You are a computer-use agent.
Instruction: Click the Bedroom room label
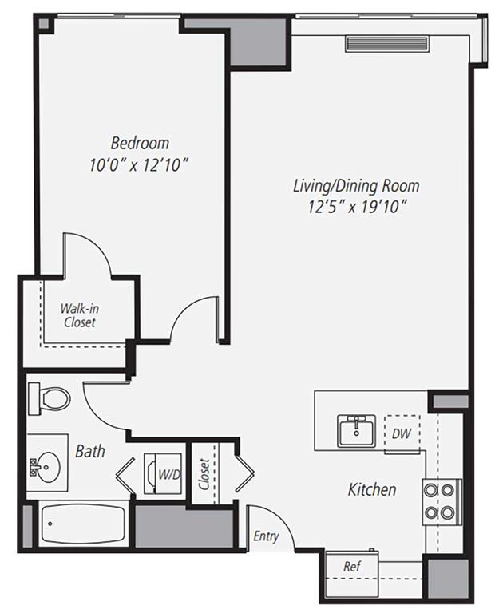pyautogui.click(x=140, y=144)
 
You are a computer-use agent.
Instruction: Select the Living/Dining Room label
pyautogui.click(x=355, y=186)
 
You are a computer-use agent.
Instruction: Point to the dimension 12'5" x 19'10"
pyautogui.click(x=355, y=208)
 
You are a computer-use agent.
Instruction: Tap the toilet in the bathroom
pyautogui.click(x=48, y=397)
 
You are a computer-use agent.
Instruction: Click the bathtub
pyautogui.click(x=82, y=526)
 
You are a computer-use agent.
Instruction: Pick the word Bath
pyautogui.click(x=90, y=452)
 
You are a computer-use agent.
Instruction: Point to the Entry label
pyautogui.click(x=266, y=536)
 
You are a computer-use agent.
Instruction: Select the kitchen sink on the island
pyautogui.click(x=357, y=430)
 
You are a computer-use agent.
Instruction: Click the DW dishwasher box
pyautogui.click(x=401, y=434)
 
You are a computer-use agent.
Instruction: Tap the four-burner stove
pyautogui.click(x=441, y=501)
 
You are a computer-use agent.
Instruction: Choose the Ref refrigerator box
pyautogui.click(x=350, y=566)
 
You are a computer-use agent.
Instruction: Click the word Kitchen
pyautogui.click(x=371, y=488)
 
